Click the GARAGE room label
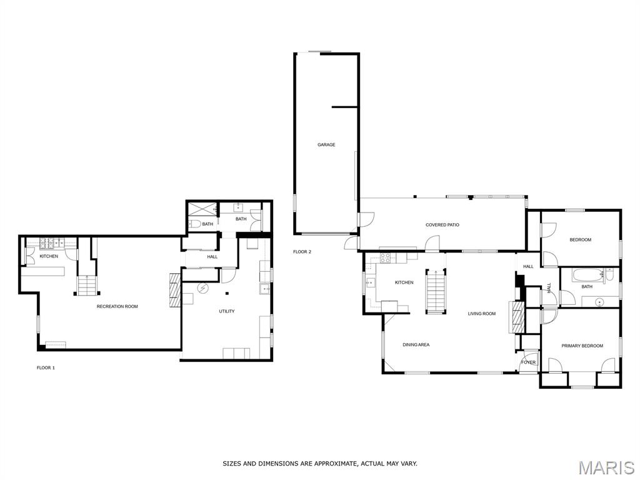pos(326,144)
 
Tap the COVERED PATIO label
pos(442,225)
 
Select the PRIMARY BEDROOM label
pos(582,346)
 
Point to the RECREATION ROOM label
pos(117,306)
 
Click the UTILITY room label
pos(226,311)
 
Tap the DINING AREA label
pos(416,345)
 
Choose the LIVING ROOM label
pos(482,314)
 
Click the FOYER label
pos(528,362)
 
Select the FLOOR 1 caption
pos(46,367)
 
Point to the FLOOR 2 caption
pos(302,252)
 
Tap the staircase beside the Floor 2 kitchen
pos(436,291)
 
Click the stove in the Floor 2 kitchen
pos(386,257)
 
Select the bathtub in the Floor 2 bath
pos(586,275)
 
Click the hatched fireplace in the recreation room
pos(175,290)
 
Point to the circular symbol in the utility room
pos(202,288)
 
